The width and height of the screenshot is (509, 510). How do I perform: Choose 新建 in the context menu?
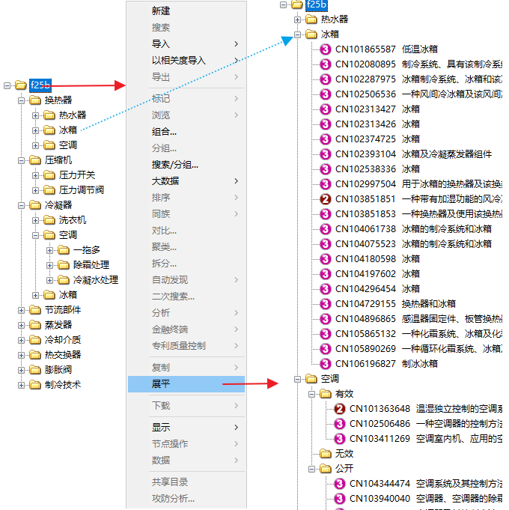point(161,11)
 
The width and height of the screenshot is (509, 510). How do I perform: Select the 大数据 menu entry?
point(165,180)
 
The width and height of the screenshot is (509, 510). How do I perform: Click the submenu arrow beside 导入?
point(237,44)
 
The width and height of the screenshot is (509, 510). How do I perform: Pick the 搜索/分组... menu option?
point(175,165)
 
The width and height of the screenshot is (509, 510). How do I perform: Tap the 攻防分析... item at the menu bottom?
point(173,498)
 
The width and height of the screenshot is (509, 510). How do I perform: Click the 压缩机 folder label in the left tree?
point(58,160)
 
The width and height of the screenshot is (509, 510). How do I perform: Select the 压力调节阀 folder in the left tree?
point(82,190)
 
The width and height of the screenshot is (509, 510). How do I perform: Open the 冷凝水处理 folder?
point(96,280)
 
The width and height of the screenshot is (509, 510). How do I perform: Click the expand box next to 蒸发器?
point(21,325)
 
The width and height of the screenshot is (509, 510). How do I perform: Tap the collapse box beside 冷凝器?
point(21,205)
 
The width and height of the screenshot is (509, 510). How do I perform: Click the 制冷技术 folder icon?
point(35,385)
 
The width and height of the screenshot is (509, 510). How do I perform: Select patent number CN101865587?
point(365,49)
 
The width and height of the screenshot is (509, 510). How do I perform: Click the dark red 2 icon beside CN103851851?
point(325,199)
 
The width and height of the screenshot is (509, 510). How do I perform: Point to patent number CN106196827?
point(365,364)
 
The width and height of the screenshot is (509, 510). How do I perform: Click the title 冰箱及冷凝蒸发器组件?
point(447,154)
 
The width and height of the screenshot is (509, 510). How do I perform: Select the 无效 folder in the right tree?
point(344,453)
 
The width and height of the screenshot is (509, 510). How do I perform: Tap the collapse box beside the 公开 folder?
point(311,469)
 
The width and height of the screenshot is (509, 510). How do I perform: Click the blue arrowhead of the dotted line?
point(287,40)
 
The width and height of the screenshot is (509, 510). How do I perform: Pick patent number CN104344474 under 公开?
point(380,484)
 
